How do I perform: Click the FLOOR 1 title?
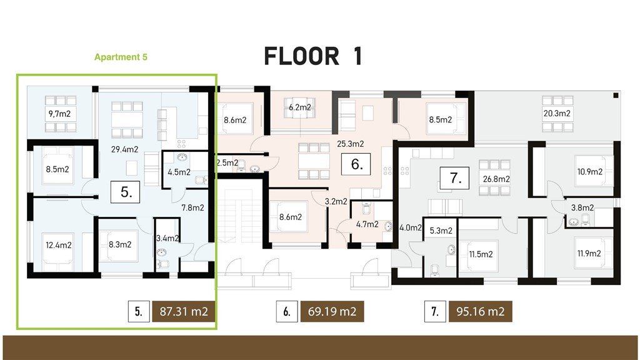[x=312, y=56]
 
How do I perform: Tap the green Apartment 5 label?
[x=121, y=57]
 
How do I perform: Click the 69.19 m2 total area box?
[x=332, y=311]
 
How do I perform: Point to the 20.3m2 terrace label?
[x=557, y=114]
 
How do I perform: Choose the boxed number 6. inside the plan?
[x=357, y=166]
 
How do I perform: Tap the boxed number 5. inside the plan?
[x=126, y=192]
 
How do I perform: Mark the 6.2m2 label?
[x=300, y=107]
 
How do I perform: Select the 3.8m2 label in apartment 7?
[x=582, y=207]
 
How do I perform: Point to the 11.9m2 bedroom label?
[x=588, y=253]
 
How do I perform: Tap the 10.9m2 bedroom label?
[x=589, y=171]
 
